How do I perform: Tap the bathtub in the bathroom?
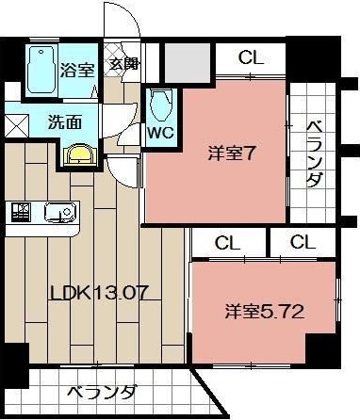pyautogui.click(x=40, y=69)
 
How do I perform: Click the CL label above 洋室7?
pyautogui.click(x=251, y=57)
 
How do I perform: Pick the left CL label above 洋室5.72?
pyautogui.click(x=227, y=243)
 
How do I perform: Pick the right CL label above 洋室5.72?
pyautogui.click(x=303, y=243)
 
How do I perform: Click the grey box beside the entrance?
pyautogui.click(x=188, y=60)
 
